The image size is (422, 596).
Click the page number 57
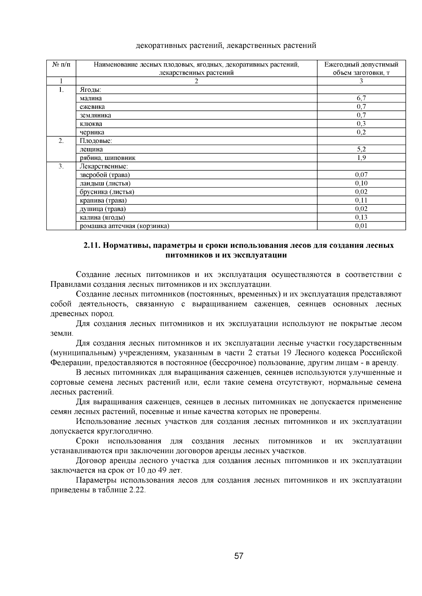pyautogui.click(x=239, y=556)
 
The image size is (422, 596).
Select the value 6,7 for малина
pyautogui.click(x=361, y=98)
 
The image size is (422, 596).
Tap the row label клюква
pyautogui.click(x=91, y=124)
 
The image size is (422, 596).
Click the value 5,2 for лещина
pyautogui.click(x=361, y=149)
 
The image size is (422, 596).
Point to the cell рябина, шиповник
pyautogui.click(x=107, y=158)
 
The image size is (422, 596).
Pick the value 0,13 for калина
pyautogui.click(x=361, y=217)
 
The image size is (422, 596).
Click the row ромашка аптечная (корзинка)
pyautogui.click(x=124, y=226)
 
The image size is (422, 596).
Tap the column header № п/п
pyautogui.click(x=61, y=65)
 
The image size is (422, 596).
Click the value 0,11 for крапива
pyautogui.click(x=361, y=200)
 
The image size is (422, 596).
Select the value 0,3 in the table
pyautogui.click(x=361, y=124)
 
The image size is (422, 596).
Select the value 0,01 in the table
pyautogui.click(x=361, y=226)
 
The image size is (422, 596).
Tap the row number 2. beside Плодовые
pyautogui.click(x=61, y=141)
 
